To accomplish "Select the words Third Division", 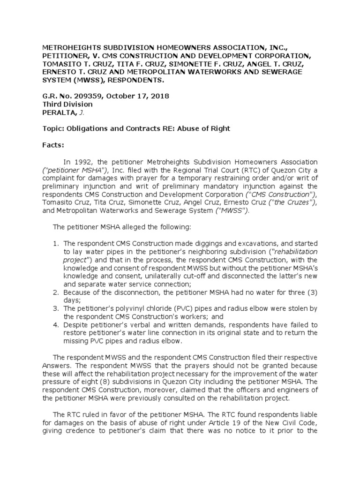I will [x=67, y=104].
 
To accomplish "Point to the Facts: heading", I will [x=53, y=145].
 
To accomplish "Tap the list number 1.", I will [x=55, y=244].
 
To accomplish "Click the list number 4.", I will [x=55, y=324].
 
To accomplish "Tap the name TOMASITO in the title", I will [x=60, y=64].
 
